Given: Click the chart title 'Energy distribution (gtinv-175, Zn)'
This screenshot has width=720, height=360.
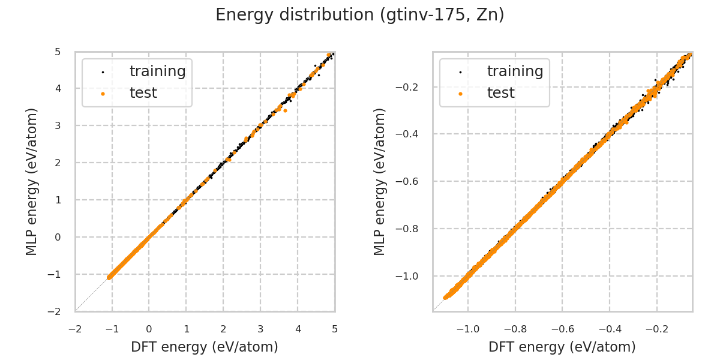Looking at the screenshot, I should tap(360, 15).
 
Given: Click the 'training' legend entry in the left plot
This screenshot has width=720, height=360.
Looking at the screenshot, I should tap(157, 71).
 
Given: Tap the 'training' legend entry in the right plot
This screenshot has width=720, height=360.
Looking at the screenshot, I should tap(515, 71).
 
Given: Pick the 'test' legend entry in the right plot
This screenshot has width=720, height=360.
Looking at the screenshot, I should tap(500, 93).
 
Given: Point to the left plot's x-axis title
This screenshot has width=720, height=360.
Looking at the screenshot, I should tap(205, 347).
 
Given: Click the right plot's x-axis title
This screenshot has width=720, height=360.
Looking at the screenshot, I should tap(562, 347).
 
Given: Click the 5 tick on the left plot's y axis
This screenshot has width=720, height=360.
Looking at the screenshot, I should tap(58, 52).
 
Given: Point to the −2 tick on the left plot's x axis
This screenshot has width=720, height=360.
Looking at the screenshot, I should tap(75, 329).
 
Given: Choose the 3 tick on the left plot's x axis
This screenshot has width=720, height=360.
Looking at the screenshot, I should tap(260, 329).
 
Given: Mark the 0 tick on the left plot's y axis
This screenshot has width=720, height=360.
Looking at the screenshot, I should tap(58, 237).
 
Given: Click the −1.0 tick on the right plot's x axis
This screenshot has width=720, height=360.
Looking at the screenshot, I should tap(468, 329).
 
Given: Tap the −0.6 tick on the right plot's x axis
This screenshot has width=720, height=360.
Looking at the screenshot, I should tap(562, 329).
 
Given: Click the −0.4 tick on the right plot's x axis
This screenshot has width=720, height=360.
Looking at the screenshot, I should tap(610, 329).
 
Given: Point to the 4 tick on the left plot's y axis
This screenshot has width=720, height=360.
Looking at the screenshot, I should tap(58, 89).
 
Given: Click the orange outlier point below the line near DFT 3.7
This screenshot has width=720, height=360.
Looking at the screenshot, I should tap(285, 110).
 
